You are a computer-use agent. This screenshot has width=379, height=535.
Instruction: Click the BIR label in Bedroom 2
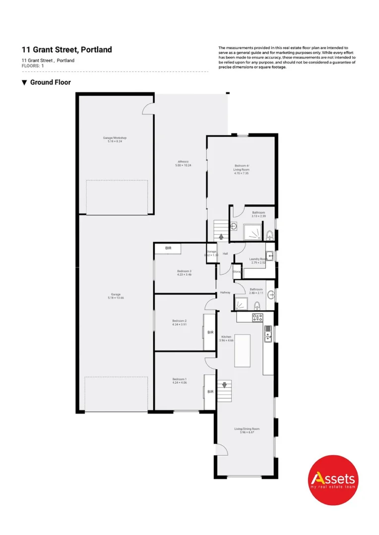210,332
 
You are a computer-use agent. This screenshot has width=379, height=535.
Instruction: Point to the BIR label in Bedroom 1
210,391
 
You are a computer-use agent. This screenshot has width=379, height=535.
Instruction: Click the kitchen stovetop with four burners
257,317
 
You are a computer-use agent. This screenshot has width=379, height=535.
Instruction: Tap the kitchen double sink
267,335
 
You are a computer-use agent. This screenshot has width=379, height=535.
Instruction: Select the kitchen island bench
242,351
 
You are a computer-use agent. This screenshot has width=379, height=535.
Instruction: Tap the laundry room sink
269,249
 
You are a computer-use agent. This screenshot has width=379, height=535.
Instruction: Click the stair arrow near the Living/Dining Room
224,384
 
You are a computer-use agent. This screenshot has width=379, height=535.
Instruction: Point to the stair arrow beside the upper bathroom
221,237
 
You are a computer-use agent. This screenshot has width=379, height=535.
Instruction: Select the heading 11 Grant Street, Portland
66,50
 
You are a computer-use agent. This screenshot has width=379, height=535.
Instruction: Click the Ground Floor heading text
50,82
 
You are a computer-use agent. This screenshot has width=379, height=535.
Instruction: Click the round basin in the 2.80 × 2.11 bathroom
271,295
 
